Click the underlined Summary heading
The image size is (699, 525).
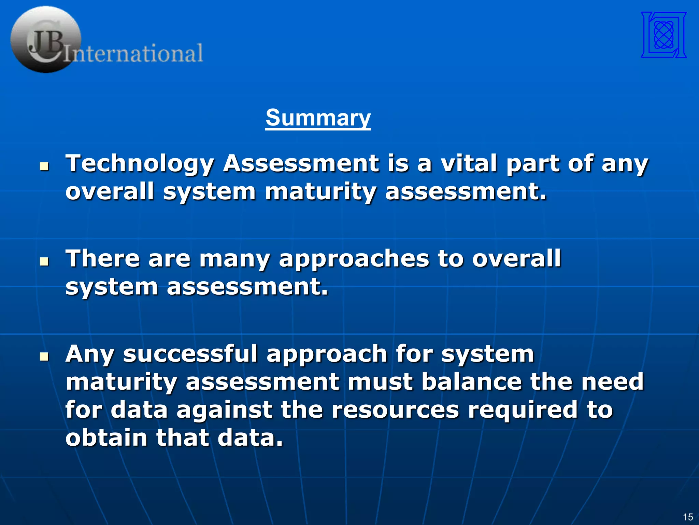pyautogui.click(x=318, y=118)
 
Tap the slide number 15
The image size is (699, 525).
pyautogui.click(x=688, y=517)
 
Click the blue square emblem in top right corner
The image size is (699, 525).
pyautogui.click(x=664, y=35)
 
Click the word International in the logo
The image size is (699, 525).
pyautogui.click(x=134, y=53)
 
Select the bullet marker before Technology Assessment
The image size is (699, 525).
pyautogui.click(x=44, y=166)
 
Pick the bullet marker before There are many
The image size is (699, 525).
pyautogui.click(x=44, y=262)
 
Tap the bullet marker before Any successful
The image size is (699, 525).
pyautogui.click(x=44, y=357)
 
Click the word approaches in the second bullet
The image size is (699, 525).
pyautogui.click(x=354, y=259)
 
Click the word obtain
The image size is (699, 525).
pyautogui.click(x=106, y=438)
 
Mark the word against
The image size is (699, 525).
pyautogui.click(x=224, y=410)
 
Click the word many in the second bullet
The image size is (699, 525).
pyautogui.click(x=234, y=259)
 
